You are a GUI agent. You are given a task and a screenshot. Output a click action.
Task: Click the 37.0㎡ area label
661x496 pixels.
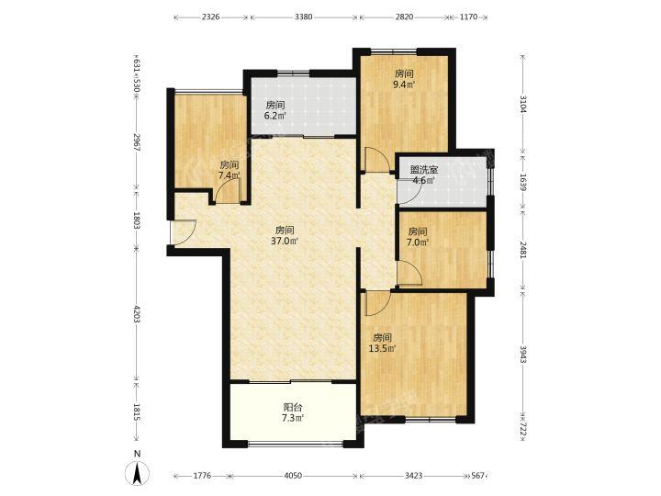coord(285,242)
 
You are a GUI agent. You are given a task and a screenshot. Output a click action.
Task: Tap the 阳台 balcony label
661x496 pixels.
coord(293,408)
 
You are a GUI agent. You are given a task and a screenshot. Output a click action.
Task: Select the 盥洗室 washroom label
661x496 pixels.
coord(424,170)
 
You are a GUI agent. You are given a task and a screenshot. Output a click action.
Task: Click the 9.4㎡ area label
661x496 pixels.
coord(404,85)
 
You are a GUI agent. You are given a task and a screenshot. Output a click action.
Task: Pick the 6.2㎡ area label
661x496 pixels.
coord(275,116)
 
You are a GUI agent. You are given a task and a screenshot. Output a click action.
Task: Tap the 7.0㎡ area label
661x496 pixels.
coord(419,242)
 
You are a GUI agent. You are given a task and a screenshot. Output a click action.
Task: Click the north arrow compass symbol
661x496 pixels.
coord(137,472)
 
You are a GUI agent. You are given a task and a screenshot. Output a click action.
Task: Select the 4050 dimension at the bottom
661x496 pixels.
coord(293,476)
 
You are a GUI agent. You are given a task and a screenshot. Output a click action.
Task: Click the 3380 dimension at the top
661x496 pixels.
coord(304,17)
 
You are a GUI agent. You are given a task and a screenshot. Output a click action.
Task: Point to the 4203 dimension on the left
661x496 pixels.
coord(137,314)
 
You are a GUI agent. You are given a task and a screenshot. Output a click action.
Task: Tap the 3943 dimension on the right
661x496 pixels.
coord(522,355)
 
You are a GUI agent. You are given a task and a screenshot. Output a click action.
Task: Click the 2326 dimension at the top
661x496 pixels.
coord(211,17)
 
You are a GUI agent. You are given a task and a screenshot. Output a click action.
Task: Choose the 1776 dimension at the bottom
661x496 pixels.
coord(202,476)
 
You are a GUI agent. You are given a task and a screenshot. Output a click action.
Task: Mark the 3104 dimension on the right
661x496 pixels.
coord(522,104)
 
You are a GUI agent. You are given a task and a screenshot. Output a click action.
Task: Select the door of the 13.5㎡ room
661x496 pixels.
coord(377,304)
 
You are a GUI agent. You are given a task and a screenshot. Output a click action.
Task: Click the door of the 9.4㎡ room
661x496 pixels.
coord(377,160)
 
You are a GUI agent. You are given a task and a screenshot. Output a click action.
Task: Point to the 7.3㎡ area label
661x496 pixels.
coord(293,419)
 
